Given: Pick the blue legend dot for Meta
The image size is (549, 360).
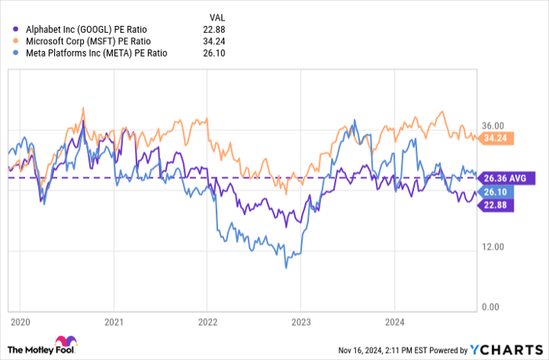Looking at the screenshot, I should click(16, 53).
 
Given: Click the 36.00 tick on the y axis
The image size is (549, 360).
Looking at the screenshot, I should click(493, 125).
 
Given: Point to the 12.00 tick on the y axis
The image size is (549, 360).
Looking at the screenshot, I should click(493, 246).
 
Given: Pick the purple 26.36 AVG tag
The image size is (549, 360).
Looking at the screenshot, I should click(507, 178).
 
